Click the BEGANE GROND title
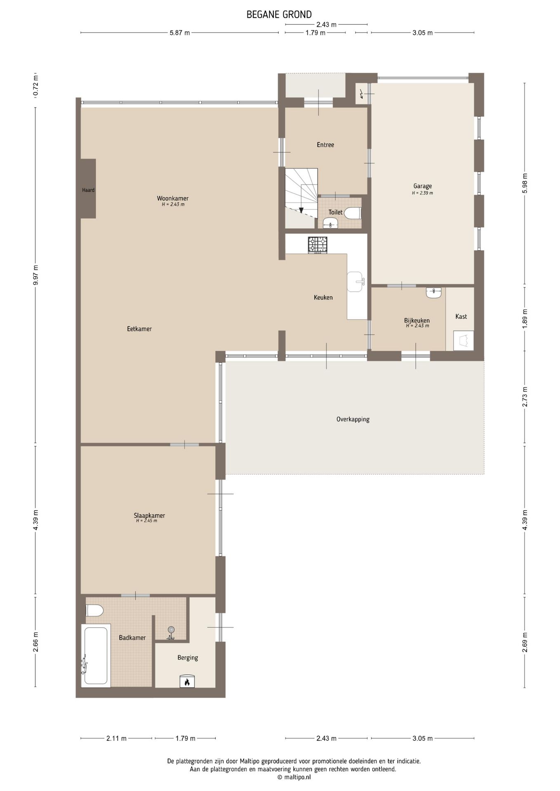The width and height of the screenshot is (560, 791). tap(279, 15)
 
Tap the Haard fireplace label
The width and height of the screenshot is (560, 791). tap(88, 190)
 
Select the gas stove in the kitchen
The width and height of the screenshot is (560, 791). tap(317, 245)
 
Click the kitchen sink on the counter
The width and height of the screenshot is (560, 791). tap(355, 282)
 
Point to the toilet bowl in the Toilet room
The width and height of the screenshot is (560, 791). tap(352, 213)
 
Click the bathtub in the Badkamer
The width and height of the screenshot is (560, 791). tap(96, 655)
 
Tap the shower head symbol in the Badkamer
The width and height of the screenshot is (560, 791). tap(171, 632)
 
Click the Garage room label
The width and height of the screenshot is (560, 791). tap(423, 186)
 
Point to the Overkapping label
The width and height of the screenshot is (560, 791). tap(353, 419)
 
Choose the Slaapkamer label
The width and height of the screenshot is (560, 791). tap(149, 515)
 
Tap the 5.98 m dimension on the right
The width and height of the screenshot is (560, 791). tap(525, 183)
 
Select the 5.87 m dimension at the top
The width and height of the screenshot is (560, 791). tap(180, 33)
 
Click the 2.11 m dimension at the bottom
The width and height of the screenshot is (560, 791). tap(117, 738)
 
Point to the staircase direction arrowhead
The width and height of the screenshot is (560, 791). tap(301, 210)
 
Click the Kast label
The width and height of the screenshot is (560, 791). tap(461, 316)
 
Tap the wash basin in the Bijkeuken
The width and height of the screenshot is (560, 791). tap(434, 293)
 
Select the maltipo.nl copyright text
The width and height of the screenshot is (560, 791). tap(294, 777)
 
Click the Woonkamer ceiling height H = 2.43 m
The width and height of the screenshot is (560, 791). tap(173, 204)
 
